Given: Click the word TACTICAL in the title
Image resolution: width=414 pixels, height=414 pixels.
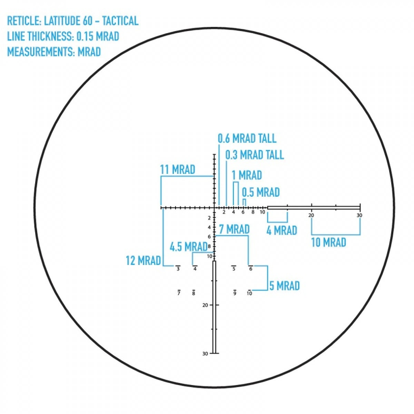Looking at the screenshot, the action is pyautogui.click(x=120, y=21).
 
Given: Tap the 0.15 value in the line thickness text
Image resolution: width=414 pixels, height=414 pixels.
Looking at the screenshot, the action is pyautogui.click(x=85, y=36).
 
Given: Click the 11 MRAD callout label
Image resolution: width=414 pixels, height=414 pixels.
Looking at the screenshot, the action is pyautogui.click(x=177, y=169).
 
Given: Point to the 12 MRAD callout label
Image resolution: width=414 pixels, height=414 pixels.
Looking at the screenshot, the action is pyautogui.click(x=143, y=260).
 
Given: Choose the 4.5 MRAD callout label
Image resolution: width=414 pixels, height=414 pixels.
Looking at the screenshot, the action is pyautogui.click(x=188, y=247).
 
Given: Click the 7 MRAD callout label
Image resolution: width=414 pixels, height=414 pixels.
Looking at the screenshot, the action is pyautogui.click(x=234, y=229).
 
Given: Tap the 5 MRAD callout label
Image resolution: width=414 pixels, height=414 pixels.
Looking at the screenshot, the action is pyautogui.click(x=284, y=286).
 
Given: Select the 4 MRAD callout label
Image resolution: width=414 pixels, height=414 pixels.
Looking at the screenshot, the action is pyautogui.click(x=282, y=230).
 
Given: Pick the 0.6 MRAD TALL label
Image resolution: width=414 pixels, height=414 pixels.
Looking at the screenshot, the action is pyautogui.click(x=247, y=138).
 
